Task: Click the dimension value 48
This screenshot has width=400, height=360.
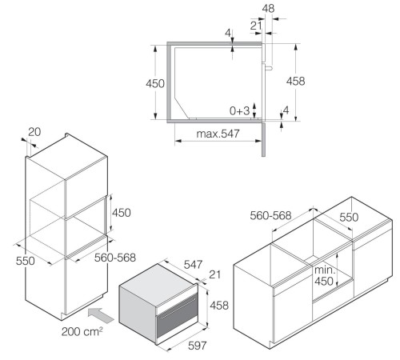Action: tap(268, 9)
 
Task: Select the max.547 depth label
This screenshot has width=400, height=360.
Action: tap(218, 134)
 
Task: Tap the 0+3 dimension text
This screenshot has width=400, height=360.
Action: tap(239, 110)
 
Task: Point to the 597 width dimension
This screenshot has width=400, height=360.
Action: tap(198, 346)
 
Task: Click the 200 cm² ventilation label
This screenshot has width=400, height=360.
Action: tap(82, 331)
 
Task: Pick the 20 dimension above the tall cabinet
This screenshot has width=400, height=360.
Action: tap(34, 132)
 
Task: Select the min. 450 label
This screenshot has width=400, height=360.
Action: tap(324, 275)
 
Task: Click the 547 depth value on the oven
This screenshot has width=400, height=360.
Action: tap(193, 265)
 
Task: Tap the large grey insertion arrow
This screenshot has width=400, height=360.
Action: tap(101, 315)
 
